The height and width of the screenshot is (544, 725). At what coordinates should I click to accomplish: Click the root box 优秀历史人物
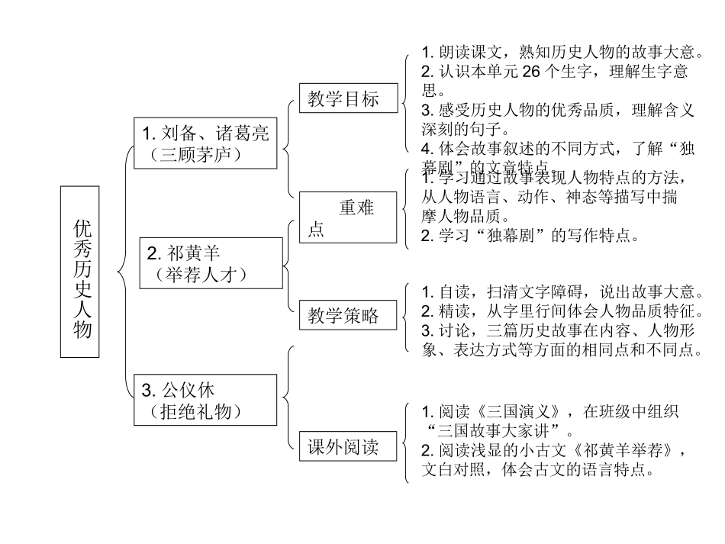[x=80, y=272]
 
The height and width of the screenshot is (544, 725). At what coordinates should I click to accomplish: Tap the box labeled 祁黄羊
[x=211, y=262]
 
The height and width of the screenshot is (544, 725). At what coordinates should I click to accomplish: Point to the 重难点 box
[x=347, y=217]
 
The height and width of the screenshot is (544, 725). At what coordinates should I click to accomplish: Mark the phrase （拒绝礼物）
[x=197, y=412]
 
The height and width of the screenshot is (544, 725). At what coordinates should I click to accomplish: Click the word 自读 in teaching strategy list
[x=454, y=292]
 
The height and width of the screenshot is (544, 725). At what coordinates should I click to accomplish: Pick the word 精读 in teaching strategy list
[x=454, y=311]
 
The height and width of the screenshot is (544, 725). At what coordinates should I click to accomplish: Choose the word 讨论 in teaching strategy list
[x=454, y=330]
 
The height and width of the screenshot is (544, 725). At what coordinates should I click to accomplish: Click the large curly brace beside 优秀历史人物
[x=123, y=271]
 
